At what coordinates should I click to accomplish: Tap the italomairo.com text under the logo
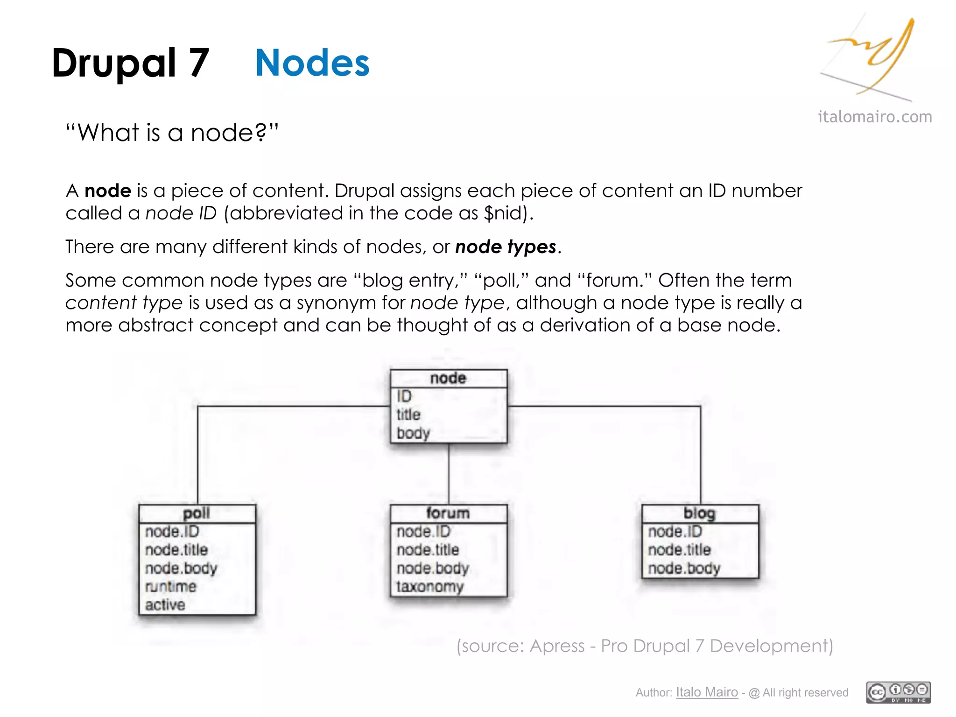pos(875,117)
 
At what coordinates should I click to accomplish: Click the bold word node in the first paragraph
pos(108,191)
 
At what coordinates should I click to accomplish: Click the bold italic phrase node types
pos(506,246)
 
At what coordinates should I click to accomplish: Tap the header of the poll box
pos(197,513)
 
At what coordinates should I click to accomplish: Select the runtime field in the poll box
pos(171,586)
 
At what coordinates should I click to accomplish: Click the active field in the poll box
pos(165,605)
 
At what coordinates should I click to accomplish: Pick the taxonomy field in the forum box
pos(430,586)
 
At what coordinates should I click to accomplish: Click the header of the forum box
pos(448,513)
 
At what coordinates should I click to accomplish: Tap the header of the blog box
pos(699,513)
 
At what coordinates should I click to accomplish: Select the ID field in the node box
pos(404,396)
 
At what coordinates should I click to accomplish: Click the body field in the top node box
pos(413,433)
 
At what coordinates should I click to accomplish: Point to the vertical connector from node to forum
pos(449,474)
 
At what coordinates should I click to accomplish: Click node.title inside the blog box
pos(679,550)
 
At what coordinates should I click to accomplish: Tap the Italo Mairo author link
pos(707,692)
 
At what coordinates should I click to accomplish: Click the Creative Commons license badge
pos(898,692)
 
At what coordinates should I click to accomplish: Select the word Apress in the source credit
pos(557,646)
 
